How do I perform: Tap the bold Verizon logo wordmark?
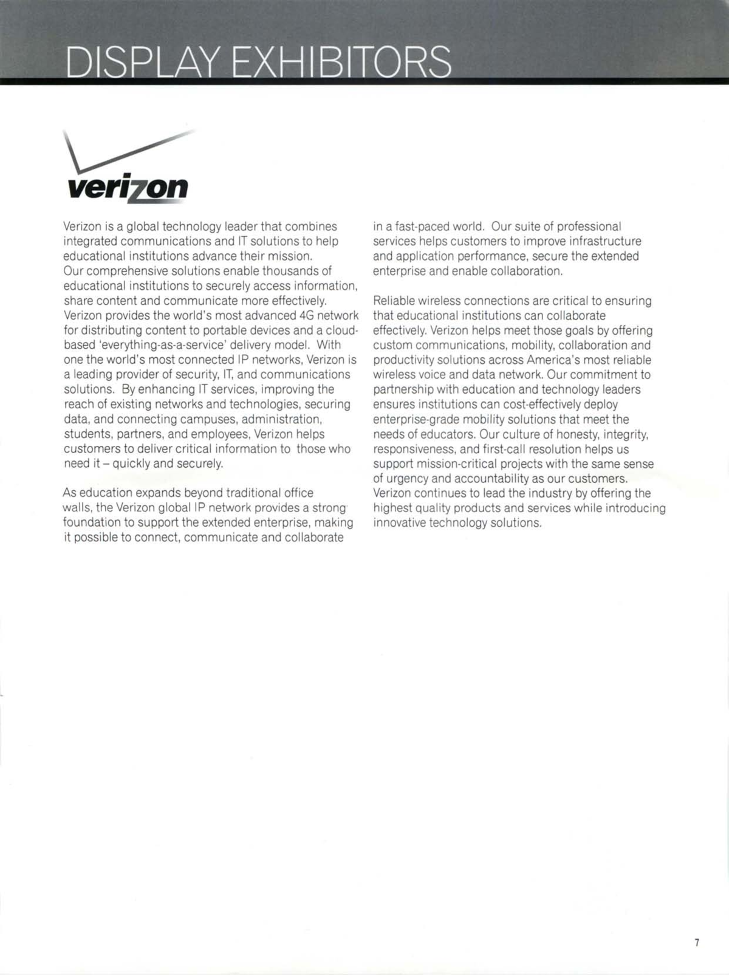coord(128,189)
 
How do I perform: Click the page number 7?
coord(697,943)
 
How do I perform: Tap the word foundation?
coord(92,522)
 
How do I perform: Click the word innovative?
coord(399,523)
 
